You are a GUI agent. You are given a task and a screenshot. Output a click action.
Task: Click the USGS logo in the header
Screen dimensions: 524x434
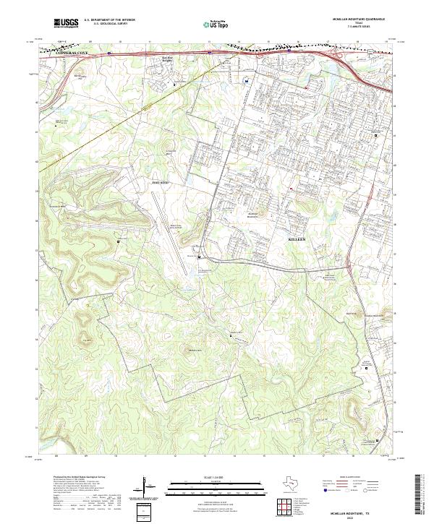(66, 23)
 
